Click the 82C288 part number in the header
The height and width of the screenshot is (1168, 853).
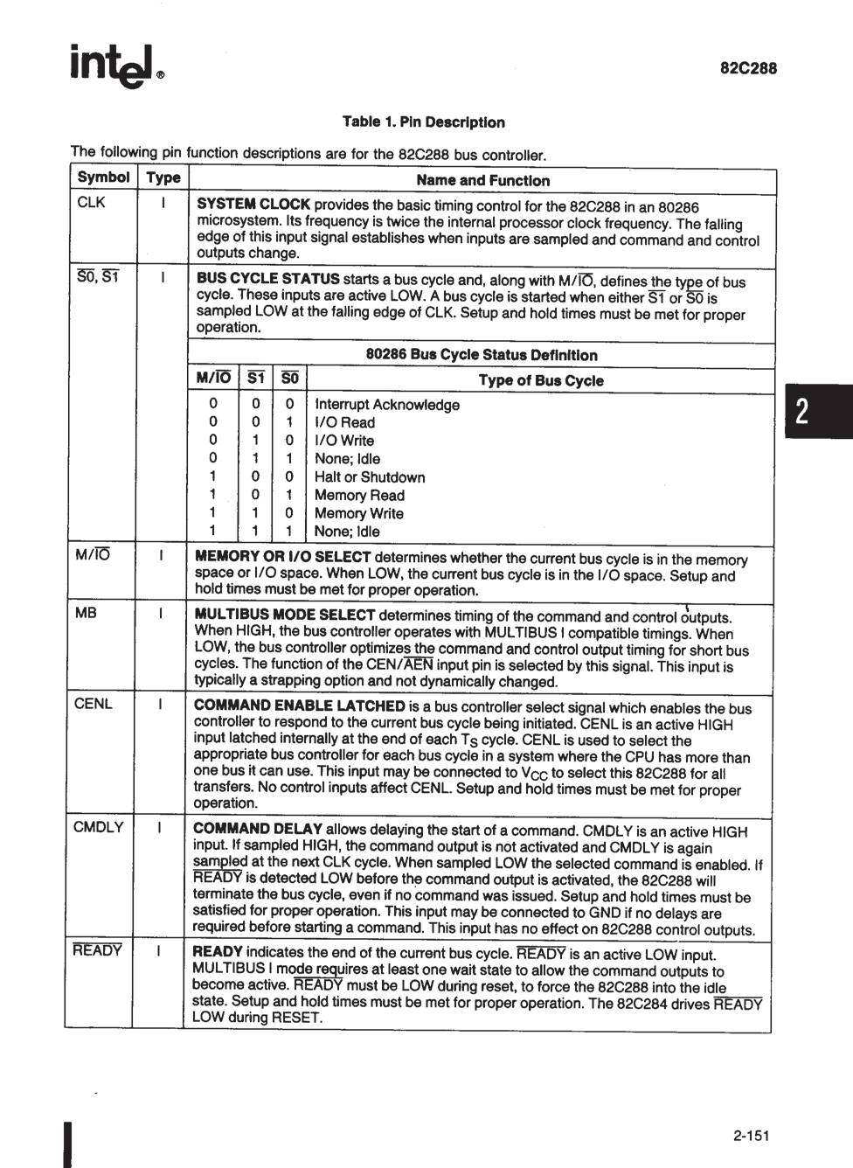point(748,68)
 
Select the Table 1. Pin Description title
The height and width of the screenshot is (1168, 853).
point(424,122)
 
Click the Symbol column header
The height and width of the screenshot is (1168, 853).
point(103,177)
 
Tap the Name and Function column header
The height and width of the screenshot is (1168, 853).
point(482,181)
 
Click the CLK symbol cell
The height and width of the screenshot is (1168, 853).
point(91,204)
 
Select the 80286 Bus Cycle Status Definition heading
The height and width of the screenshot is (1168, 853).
point(482,355)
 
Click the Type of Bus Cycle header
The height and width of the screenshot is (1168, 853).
point(540,380)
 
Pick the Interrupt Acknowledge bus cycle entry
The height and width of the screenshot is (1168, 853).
point(386,405)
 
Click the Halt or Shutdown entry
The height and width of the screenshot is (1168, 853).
point(370,477)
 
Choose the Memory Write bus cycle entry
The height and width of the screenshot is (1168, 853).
point(358,513)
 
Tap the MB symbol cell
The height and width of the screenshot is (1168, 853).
point(86,613)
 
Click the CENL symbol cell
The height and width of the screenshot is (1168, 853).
point(94,704)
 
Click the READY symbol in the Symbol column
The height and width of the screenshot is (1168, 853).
point(97,950)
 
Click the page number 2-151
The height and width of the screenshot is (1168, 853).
point(751,1136)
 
